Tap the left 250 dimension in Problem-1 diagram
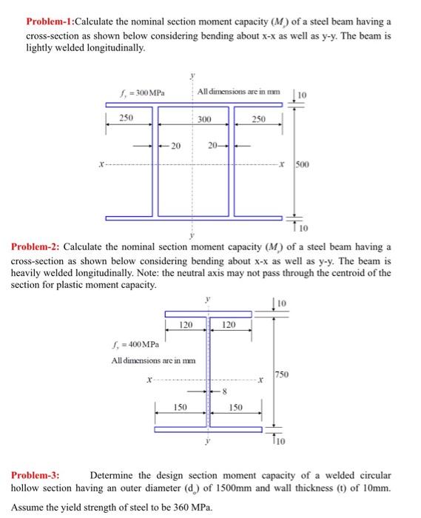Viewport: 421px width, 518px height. tap(127, 118)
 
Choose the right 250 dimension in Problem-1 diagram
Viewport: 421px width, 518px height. tap(258, 118)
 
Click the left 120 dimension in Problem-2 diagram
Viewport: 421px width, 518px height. tap(186, 325)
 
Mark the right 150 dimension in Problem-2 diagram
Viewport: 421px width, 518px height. tap(236, 408)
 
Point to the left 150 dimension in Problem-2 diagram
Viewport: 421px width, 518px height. tap(180, 408)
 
